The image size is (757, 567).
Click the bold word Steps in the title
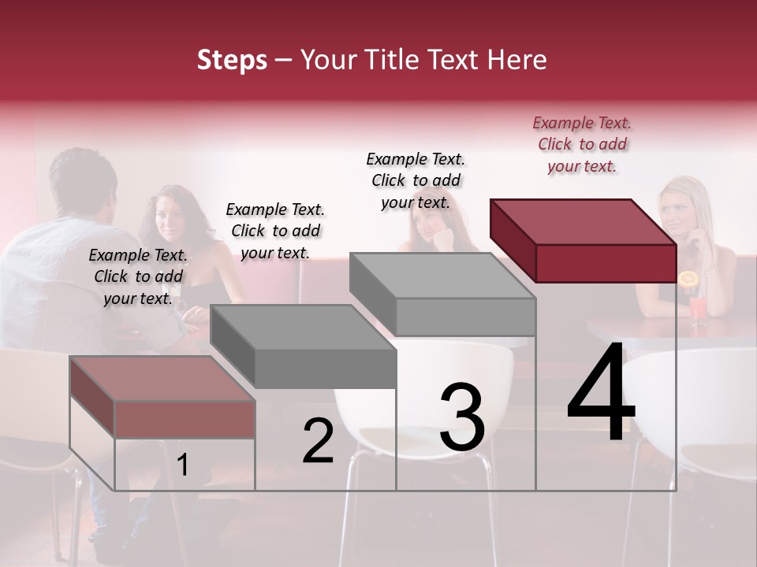pyautogui.click(x=232, y=60)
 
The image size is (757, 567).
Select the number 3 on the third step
pyautogui.click(x=461, y=417)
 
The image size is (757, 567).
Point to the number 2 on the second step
pyautogui.click(x=318, y=441)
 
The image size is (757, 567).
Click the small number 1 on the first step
pyautogui.click(x=182, y=465)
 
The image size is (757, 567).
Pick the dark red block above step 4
pyautogui.click(x=584, y=240)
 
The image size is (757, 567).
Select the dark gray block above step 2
pyautogui.click(x=304, y=346)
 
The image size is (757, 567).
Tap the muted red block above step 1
pyautogui.click(x=162, y=398)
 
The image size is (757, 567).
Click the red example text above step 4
pyautogui.click(x=582, y=144)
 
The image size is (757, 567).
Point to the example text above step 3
pyautogui.click(x=416, y=180)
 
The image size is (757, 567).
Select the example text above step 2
pyautogui.click(x=275, y=231)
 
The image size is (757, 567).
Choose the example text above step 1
pyautogui.click(x=138, y=276)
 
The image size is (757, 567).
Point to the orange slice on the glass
pyautogui.click(x=688, y=279)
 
